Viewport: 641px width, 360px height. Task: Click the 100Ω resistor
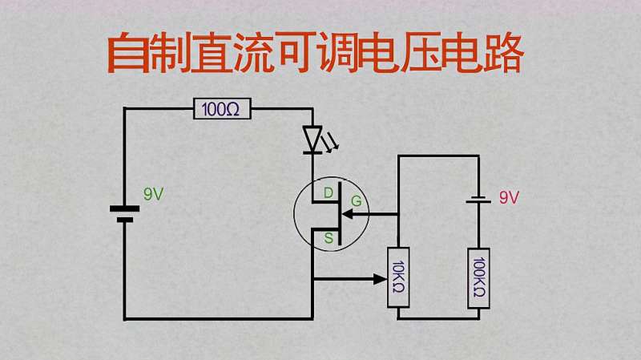tap(222, 109)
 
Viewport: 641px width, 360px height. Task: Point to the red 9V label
tap(509, 197)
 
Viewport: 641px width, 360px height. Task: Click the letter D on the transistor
tap(329, 193)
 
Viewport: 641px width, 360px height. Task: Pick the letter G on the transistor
tap(356, 201)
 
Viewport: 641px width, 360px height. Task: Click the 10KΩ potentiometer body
tap(398, 277)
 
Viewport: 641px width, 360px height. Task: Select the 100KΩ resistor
tap(478, 277)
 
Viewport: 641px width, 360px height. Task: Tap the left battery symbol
tap(124, 213)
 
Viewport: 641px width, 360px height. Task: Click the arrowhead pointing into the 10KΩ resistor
tap(379, 279)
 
